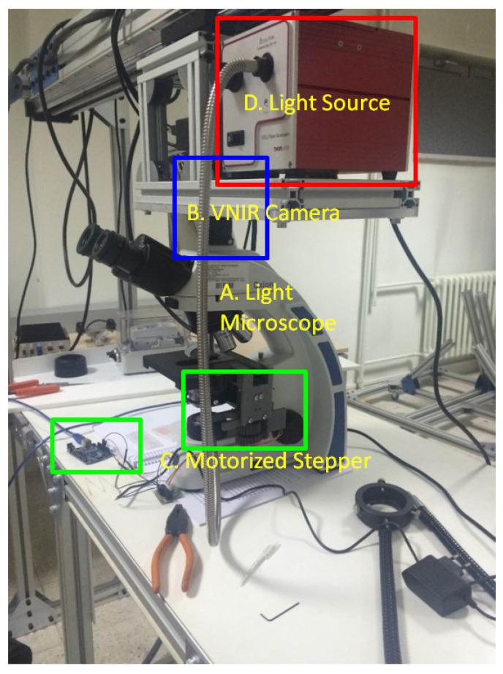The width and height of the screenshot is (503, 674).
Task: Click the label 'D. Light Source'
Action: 316,103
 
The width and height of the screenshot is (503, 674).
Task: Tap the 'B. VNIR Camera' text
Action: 263,213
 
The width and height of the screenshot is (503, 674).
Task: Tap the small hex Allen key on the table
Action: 280,609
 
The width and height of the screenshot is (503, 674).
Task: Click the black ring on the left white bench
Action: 70,364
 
